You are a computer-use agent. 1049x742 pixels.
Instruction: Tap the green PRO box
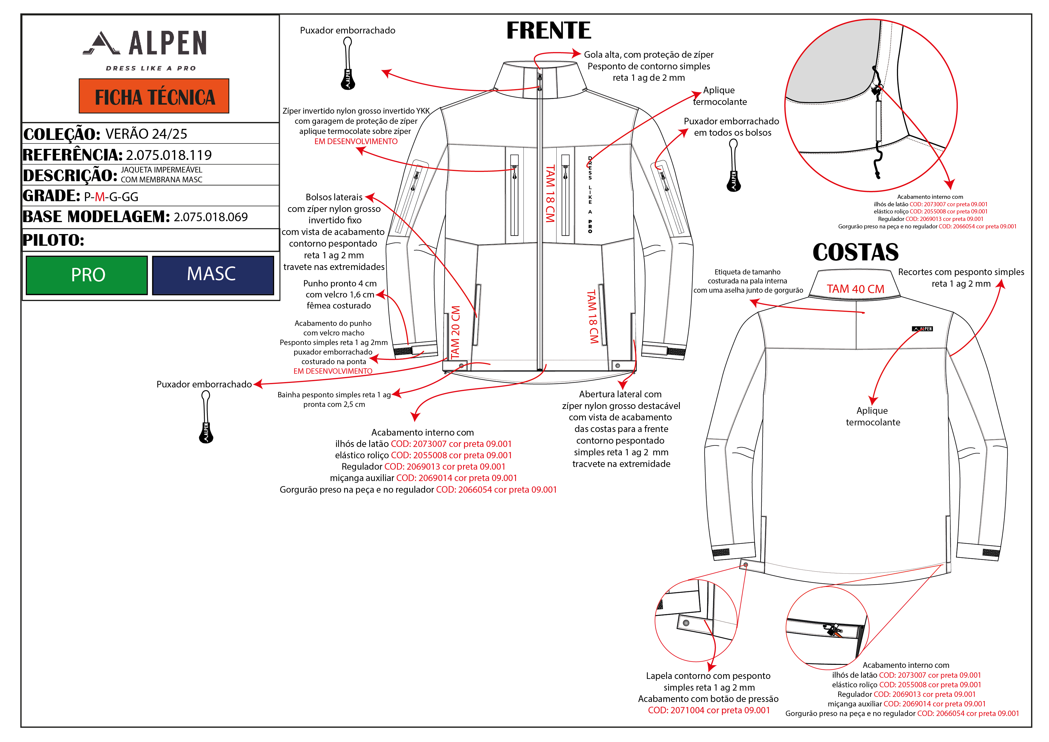click(87, 275)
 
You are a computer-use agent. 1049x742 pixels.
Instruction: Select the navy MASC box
click(213, 275)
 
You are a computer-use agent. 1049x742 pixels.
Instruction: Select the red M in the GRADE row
click(100, 197)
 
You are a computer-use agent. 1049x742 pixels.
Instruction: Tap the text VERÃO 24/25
click(146, 134)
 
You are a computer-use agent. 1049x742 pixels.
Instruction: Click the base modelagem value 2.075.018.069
click(211, 217)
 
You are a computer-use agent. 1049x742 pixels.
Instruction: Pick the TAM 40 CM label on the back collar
click(855, 289)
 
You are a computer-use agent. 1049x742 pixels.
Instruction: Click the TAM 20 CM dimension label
click(456, 332)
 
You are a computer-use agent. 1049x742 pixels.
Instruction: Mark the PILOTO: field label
click(54, 240)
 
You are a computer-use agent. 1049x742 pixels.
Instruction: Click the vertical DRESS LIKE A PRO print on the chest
click(590, 195)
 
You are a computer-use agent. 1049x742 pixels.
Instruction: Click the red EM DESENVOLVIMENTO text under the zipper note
click(356, 142)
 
